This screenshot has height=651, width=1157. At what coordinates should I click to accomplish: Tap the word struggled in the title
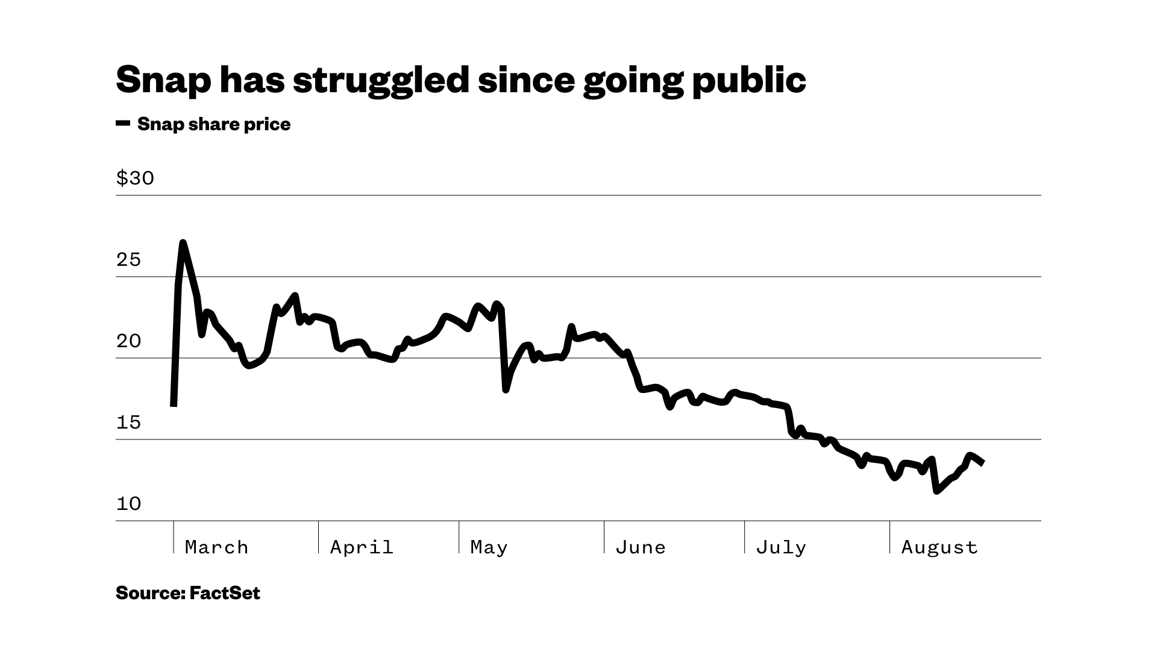pos(381,80)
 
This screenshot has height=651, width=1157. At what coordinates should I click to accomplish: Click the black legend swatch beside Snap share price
pos(123,124)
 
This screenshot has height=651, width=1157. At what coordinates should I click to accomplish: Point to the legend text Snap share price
pos(214,124)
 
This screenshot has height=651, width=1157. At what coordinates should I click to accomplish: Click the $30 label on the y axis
pos(135,178)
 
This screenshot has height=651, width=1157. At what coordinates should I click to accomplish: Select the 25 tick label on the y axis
pos(128,260)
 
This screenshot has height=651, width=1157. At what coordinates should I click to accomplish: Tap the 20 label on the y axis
pos(128,341)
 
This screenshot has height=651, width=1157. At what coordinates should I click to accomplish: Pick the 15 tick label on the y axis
pos(128,423)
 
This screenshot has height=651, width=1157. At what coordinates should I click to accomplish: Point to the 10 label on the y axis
pos(128,504)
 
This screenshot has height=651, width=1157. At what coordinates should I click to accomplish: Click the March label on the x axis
pos(216,547)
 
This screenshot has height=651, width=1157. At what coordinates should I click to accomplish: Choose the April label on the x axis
pos(362,547)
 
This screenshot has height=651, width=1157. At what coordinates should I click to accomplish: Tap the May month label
pos(489,547)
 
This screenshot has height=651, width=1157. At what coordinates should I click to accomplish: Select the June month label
pos(641,547)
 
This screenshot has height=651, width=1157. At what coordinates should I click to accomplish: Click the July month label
pos(781,547)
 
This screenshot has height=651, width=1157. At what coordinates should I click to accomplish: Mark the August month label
pos(939,547)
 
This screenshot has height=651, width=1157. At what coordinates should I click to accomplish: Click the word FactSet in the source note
pos(225,593)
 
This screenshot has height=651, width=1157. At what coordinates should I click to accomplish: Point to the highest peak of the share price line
pos(183,242)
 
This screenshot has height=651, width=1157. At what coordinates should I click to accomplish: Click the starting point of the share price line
pos(174,404)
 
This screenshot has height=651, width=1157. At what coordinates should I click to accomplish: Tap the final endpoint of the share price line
pos(983,463)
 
